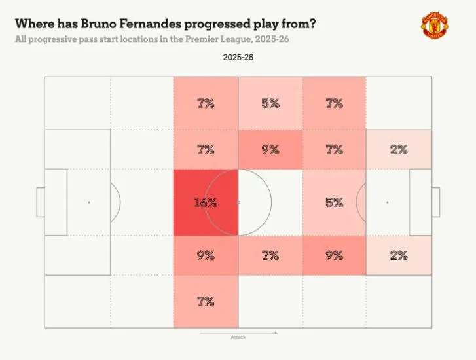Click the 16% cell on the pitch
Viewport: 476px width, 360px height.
[206, 202]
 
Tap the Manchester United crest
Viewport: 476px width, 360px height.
[435, 26]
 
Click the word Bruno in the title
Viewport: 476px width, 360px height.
[113, 24]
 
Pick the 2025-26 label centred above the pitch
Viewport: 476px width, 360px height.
[238, 58]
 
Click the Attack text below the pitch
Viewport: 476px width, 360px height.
[238, 338]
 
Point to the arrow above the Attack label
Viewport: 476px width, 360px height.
[238, 332]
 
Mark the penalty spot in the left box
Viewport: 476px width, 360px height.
[89, 202]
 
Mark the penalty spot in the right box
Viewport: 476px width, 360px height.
[387, 202]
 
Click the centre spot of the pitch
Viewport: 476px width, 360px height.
[238, 202]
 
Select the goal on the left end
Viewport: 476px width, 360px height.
[40, 202]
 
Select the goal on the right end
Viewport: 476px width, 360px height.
[436, 202]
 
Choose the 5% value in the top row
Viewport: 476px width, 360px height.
[270, 103]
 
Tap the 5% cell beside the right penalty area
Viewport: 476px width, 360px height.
[334, 202]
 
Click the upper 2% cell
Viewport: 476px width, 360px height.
[398, 149]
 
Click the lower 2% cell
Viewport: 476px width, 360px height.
[398, 255]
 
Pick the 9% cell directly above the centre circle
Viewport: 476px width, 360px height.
[270, 149]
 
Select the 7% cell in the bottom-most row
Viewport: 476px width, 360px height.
[206, 301]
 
